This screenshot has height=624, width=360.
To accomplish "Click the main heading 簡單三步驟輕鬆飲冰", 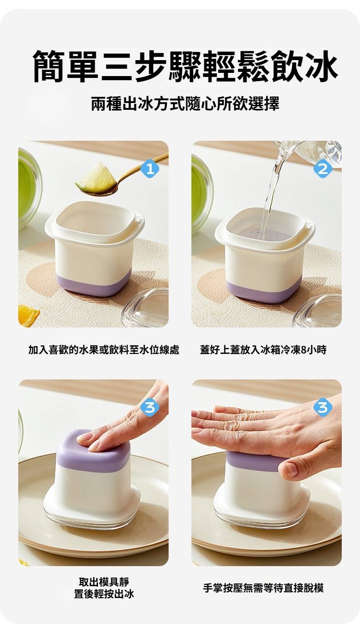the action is pos(185,66).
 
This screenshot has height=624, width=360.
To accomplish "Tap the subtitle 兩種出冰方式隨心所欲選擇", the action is pos(185,104).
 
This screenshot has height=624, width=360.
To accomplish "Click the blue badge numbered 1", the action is pos(150,169).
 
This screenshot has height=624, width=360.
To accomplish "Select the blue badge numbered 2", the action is pos(323,169).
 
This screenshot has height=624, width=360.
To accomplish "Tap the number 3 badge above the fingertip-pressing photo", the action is pos(150,408).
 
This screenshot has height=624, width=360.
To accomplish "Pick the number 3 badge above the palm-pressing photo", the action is pos(323,408).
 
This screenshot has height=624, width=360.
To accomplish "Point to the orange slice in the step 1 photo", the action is pos(28,316).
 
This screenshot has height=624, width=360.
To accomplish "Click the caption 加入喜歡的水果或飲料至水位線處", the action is pos(103,350).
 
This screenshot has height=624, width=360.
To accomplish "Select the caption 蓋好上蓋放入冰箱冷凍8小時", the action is pos(263,350).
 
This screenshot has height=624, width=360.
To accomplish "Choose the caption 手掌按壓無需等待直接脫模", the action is pos(263,588).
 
